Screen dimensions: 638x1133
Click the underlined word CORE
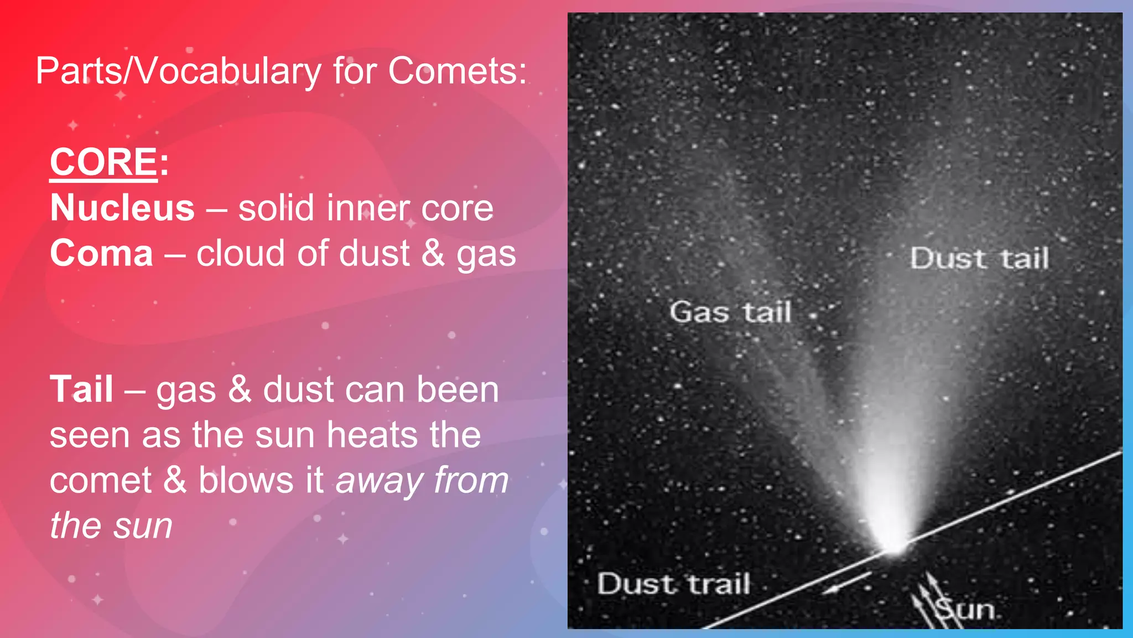(104, 162)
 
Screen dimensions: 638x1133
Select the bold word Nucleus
(122, 208)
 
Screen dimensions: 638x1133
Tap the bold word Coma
(101, 254)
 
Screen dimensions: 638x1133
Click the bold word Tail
(81, 389)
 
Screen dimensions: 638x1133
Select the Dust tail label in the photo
(979, 259)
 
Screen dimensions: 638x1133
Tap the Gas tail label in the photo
(730, 312)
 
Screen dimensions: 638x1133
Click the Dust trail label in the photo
(673, 584)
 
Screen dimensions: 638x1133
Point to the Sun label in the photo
(965, 610)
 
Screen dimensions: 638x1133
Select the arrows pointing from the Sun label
(925, 601)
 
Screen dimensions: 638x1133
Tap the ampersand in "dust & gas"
(433, 254)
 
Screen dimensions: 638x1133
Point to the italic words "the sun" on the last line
(111, 526)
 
